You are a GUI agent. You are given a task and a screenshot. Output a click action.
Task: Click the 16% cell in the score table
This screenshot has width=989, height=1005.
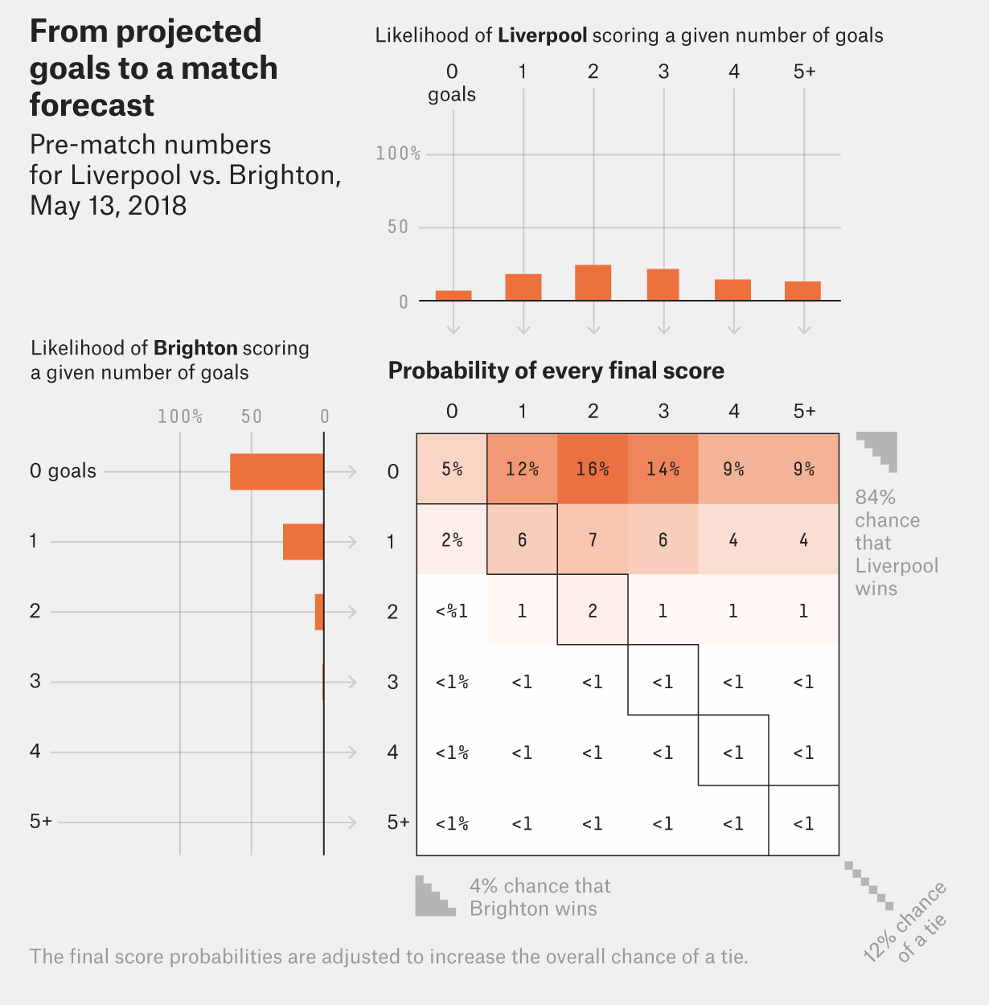[593, 469]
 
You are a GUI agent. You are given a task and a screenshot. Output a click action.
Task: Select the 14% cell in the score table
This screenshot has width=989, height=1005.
[663, 469]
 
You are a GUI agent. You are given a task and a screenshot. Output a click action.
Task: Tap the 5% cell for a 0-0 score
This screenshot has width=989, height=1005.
[452, 469]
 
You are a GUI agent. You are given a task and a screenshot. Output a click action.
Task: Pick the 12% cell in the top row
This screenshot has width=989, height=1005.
[522, 469]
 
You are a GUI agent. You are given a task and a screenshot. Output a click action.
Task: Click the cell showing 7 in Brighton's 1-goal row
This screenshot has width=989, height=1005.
[593, 539]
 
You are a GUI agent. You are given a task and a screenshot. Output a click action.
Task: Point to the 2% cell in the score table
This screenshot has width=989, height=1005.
[452, 539]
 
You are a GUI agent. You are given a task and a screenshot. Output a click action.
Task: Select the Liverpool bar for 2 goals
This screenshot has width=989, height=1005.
[593, 283]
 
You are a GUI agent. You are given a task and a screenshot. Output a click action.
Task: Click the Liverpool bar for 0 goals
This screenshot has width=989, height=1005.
[453, 296]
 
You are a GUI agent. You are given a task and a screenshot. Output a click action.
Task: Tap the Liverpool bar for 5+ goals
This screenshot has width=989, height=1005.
[802, 291]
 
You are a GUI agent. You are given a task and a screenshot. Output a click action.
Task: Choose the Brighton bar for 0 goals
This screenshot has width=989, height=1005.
[277, 472]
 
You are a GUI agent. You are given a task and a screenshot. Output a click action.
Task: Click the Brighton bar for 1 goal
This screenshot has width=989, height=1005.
[303, 542]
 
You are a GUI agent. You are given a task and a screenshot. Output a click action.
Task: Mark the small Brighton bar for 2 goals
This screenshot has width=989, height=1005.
[319, 612]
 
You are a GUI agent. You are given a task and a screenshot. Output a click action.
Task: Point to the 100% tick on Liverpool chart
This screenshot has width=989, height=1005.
[398, 154]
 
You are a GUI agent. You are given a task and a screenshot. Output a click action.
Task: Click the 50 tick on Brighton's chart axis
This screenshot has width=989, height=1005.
[252, 416]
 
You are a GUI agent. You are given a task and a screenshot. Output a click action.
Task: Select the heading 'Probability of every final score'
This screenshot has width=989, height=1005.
[556, 371]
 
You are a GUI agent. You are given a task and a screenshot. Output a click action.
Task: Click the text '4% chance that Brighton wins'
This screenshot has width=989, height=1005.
[540, 897]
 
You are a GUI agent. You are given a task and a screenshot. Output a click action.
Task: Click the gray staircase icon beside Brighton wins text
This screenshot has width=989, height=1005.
[434, 896]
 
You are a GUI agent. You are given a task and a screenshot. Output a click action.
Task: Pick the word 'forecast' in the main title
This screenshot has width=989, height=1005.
[92, 105]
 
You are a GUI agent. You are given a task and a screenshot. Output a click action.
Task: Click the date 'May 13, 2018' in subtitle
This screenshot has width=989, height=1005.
[108, 206]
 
